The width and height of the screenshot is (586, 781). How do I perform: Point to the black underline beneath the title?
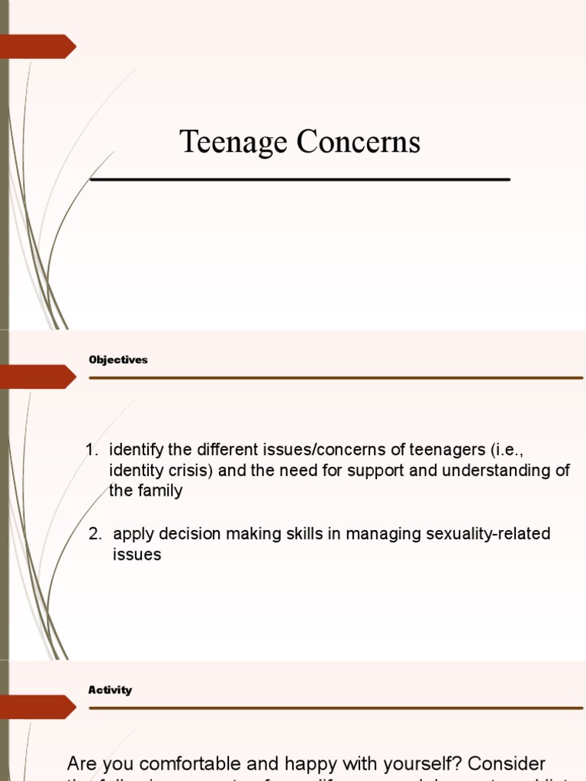click(300, 179)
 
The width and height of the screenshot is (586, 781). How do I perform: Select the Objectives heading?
click(118, 360)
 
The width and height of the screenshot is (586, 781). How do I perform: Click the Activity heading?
click(111, 690)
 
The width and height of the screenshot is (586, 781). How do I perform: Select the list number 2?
click(95, 534)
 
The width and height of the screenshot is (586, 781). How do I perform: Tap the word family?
click(160, 490)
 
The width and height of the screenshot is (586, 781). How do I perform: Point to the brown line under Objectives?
click(336, 378)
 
